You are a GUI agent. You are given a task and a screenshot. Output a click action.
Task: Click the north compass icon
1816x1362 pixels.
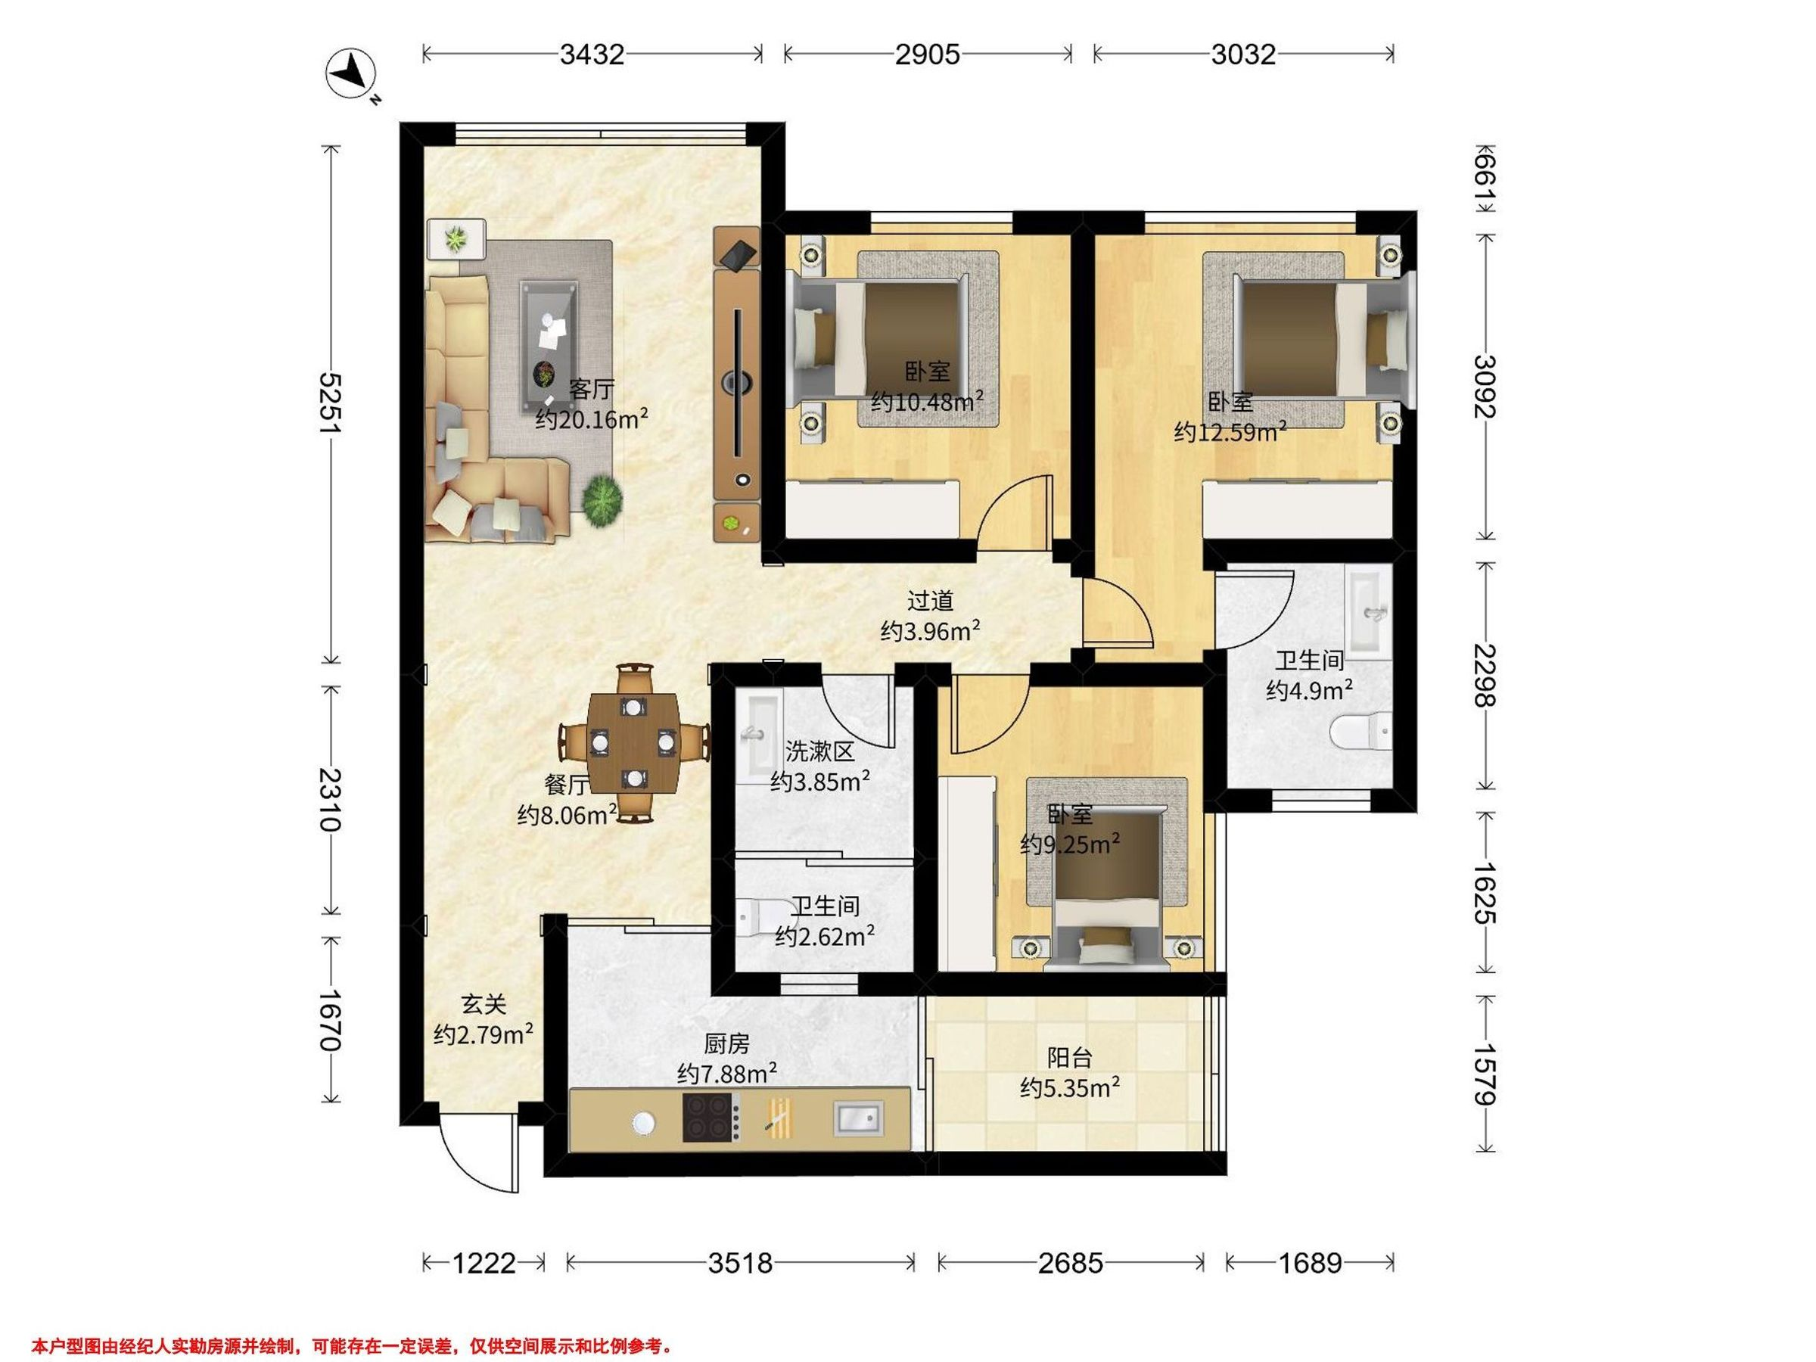[x=351, y=76]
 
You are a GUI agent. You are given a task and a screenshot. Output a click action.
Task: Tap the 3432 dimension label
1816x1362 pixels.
[x=592, y=54]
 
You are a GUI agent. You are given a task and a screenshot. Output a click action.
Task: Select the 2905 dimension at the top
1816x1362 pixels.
[x=927, y=54]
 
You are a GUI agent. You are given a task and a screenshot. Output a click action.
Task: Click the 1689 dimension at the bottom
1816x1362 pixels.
[x=1310, y=1263]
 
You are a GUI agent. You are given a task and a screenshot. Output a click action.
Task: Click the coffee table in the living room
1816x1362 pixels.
[x=547, y=346]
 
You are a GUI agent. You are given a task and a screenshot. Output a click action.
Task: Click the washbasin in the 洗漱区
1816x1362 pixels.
[x=754, y=735]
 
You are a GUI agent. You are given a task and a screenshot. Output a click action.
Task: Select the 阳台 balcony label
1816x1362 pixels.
[x=1070, y=1057]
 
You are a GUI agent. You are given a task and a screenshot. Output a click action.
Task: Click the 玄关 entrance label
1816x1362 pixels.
[x=483, y=1003]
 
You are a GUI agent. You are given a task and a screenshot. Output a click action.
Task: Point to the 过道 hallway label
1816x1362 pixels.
[x=930, y=601]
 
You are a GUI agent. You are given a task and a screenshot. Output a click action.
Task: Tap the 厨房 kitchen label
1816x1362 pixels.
[x=726, y=1043]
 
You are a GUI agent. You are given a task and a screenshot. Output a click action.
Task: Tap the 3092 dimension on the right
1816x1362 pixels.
[x=1485, y=386]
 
